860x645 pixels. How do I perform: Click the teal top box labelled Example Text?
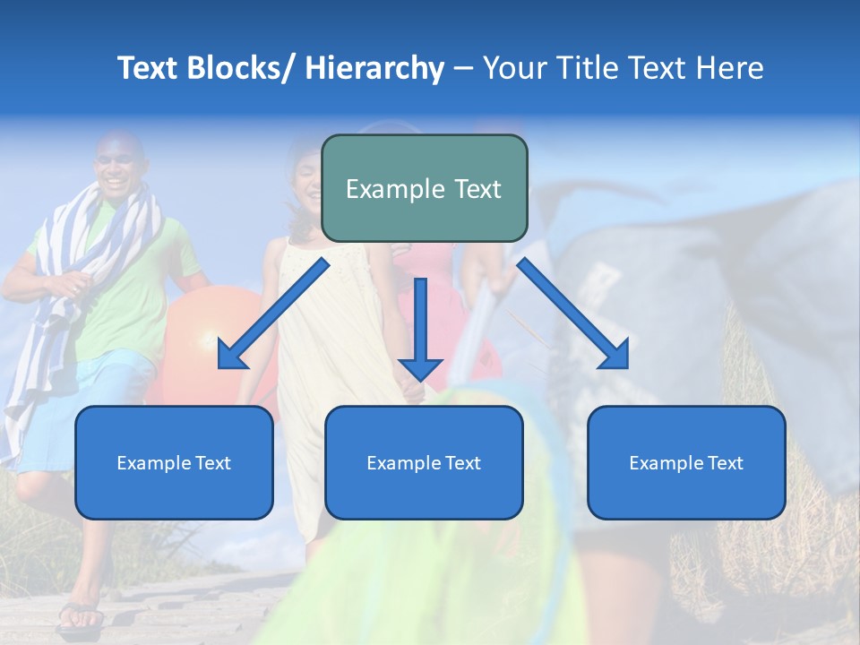point(424,188)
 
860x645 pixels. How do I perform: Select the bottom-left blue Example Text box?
point(174,462)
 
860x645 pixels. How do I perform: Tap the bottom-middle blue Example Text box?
point(424,462)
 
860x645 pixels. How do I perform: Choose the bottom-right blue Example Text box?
point(686,462)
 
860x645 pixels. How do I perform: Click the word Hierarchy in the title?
point(374,68)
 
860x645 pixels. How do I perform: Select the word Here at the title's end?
point(731,68)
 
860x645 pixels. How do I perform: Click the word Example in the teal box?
point(383,189)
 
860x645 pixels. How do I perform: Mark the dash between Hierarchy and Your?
point(463,68)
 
